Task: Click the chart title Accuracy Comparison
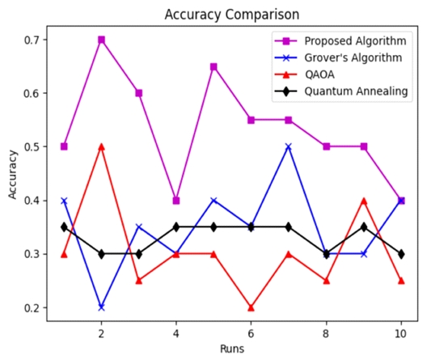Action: [231, 15]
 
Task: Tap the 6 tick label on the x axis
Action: [251, 333]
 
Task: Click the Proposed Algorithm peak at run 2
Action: [101, 40]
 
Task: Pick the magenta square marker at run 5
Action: [213, 66]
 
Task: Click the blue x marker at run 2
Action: [101, 307]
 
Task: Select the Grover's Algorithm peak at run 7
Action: [288, 146]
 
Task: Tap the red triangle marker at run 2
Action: [101, 146]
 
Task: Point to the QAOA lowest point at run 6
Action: [251, 307]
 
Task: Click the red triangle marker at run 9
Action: [363, 200]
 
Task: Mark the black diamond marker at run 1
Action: [64, 227]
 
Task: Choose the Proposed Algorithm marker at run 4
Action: [176, 200]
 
